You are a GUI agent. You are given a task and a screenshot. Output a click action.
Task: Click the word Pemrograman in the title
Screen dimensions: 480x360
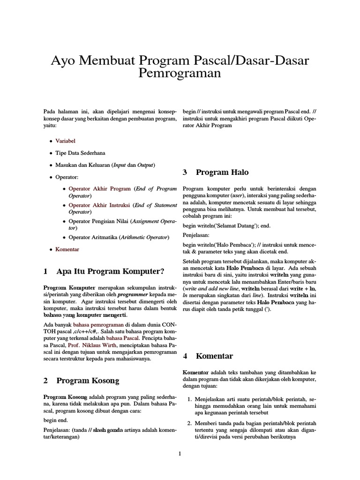pos(180,74)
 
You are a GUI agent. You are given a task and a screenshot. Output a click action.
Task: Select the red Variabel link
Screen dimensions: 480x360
pos(65,141)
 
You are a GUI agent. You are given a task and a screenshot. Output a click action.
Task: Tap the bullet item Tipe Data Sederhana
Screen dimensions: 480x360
pos(80,153)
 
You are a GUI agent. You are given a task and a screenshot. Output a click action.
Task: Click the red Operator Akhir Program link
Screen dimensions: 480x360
pos(100,189)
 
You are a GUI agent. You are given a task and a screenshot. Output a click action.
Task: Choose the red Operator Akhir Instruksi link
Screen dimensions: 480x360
pos(100,205)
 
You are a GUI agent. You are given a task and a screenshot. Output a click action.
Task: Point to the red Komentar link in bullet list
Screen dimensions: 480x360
pos(67,249)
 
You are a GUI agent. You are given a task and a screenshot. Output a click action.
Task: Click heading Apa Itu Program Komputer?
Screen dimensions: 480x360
pos(110,271)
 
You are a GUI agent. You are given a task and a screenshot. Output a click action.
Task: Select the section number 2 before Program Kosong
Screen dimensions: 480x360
pos(45,381)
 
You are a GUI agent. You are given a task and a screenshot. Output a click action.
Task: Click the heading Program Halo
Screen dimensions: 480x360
pos(222,172)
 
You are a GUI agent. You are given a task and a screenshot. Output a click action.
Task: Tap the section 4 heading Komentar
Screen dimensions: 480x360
pos(214,356)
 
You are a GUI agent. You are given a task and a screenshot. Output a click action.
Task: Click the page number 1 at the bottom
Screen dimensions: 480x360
pos(180,453)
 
